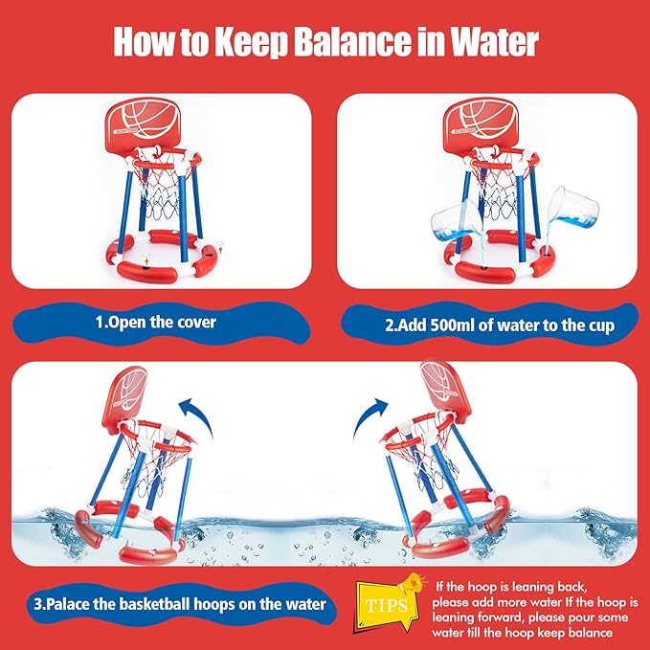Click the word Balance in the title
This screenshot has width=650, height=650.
[x=354, y=41]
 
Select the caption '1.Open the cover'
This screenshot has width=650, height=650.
[x=156, y=322]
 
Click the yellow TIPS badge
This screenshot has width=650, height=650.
[x=387, y=606]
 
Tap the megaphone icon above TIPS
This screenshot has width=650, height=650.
[x=412, y=584]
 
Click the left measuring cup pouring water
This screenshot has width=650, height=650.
[x=456, y=222]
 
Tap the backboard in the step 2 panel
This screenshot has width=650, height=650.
[x=481, y=124]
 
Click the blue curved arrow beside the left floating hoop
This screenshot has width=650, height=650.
[x=198, y=415]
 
